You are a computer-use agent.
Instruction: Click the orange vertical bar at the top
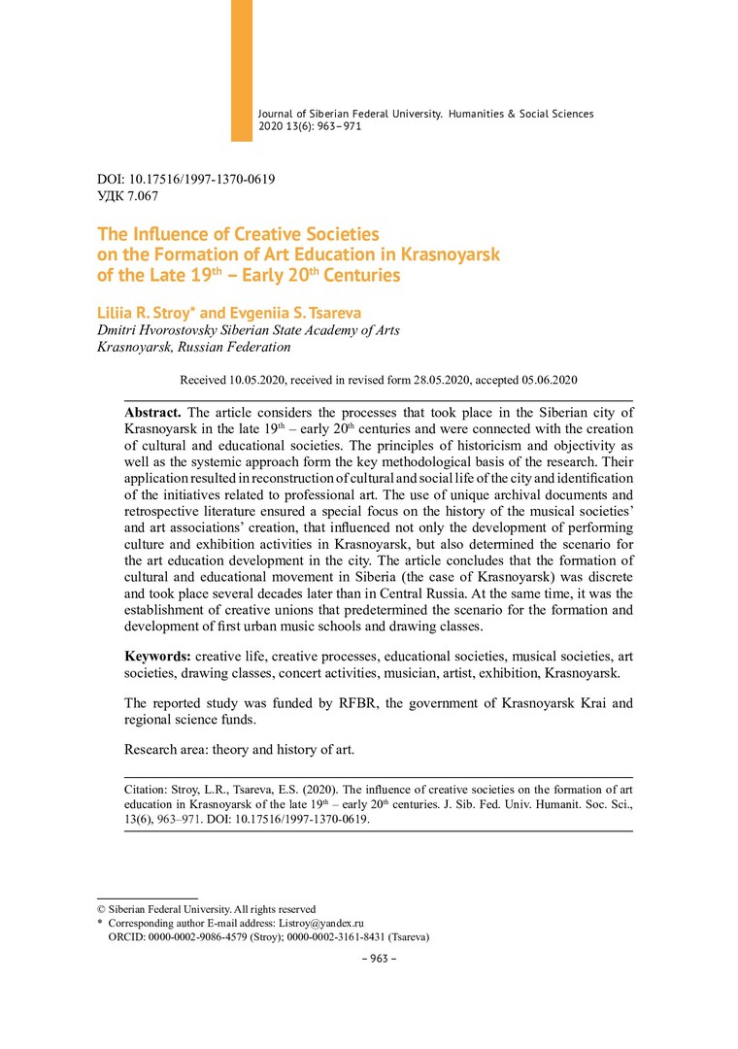(x=242, y=68)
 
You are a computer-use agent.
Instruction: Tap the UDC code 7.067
(x=142, y=196)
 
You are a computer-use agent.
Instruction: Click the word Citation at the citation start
(x=145, y=790)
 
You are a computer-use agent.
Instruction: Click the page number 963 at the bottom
(x=373, y=958)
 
